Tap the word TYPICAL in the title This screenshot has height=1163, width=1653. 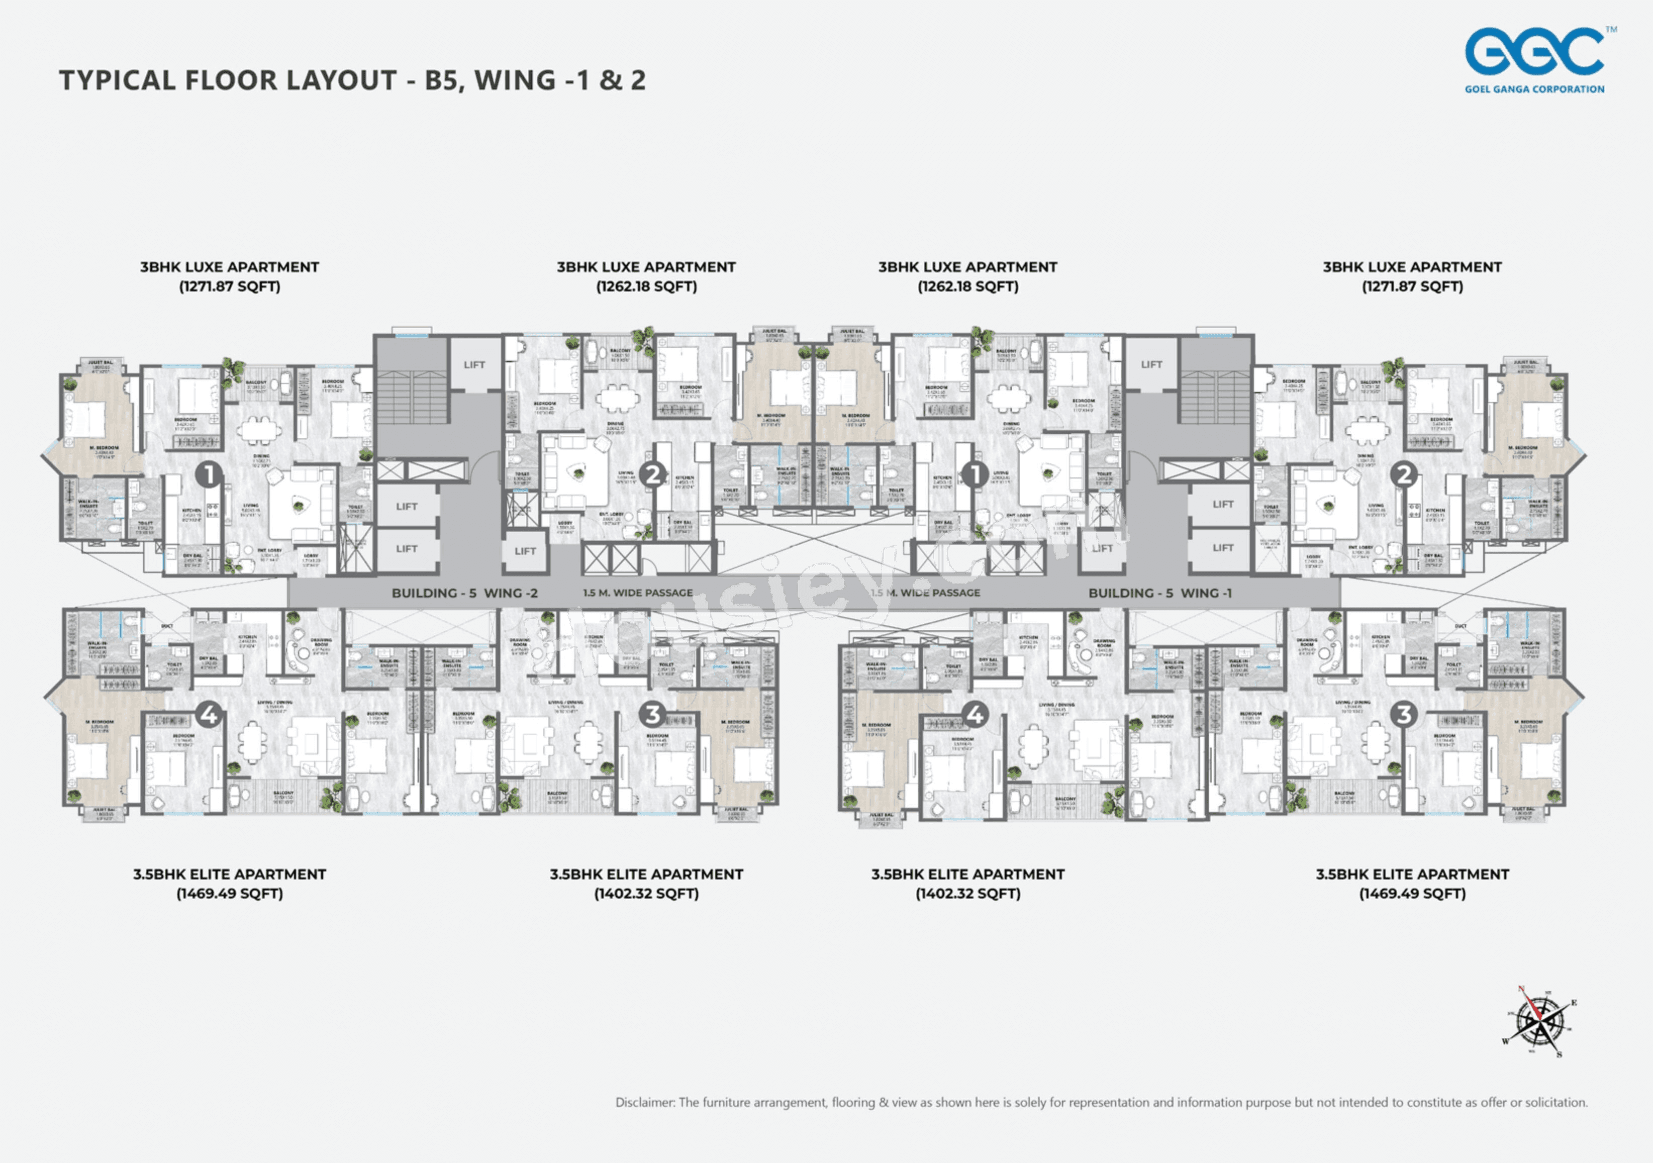point(117,80)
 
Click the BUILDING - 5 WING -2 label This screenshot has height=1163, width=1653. point(464,593)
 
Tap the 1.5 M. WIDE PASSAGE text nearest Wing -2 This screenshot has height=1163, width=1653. point(638,593)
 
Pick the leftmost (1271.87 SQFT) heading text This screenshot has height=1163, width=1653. point(229,286)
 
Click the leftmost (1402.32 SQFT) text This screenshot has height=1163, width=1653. point(646,894)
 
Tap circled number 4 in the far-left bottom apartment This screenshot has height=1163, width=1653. point(209,715)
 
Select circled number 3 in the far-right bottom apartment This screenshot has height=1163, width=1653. point(1403,714)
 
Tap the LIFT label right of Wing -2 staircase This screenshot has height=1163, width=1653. point(474,364)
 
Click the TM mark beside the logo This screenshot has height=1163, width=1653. point(1611,30)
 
